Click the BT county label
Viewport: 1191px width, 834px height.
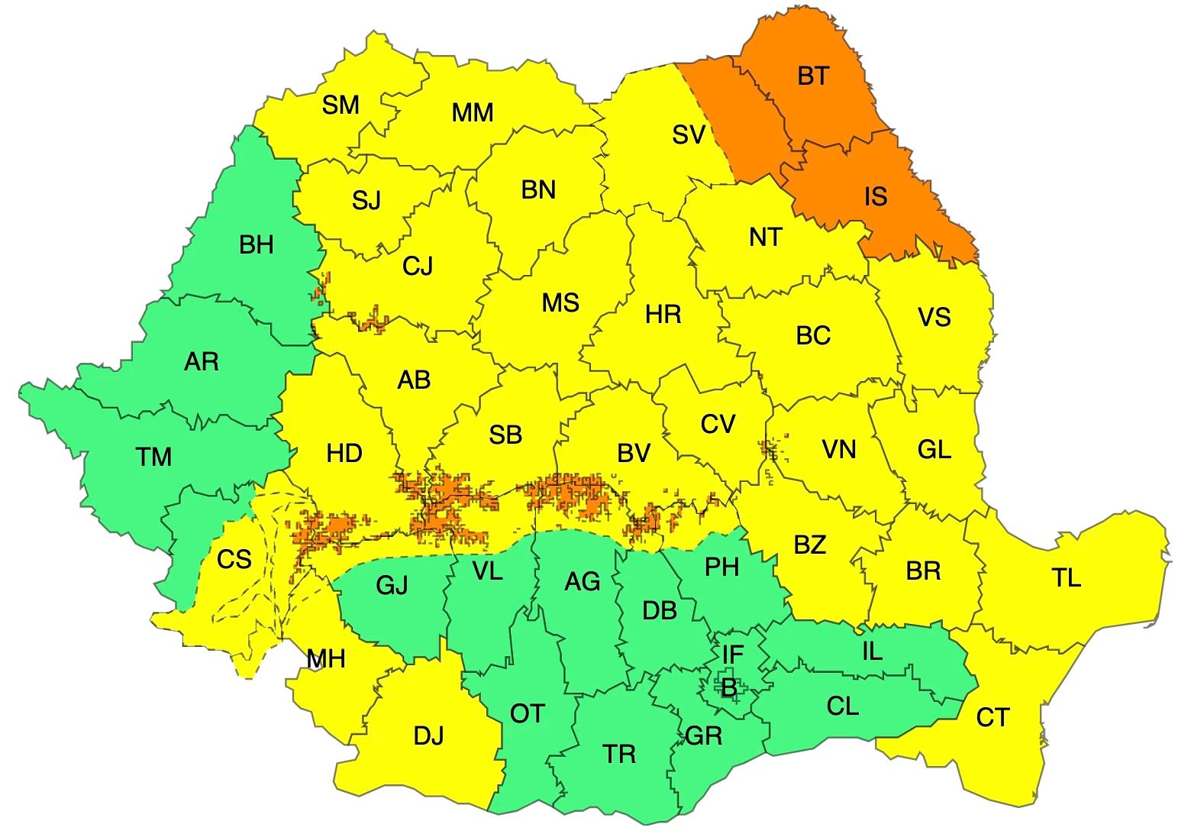tap(813, 76)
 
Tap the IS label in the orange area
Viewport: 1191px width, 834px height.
tap(876, 197)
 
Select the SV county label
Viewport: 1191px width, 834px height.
tap(689, 135)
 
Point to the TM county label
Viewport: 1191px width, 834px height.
tap(153, 457)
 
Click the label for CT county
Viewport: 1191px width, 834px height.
tap(992, 718)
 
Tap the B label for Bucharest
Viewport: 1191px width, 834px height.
tap(729, 688)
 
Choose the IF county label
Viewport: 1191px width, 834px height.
tap(732, 655)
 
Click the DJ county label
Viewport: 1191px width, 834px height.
tap(428, 736)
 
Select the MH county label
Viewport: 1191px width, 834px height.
tap(326, 658)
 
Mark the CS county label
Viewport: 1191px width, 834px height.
tap(234, 560)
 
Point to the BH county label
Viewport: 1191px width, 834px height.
tap(256, 245)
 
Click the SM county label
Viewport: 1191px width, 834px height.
tap(341, 105)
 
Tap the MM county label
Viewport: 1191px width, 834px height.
tap(473, 113)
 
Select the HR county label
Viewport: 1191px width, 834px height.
tap(663, 314)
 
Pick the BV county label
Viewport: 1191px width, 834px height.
tap(634, 454)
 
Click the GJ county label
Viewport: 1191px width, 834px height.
tap(392, 586)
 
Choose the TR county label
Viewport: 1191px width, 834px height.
tap(619, 755)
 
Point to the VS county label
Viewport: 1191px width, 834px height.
tap(934, 317)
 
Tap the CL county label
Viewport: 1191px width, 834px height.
tap(843, 706)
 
